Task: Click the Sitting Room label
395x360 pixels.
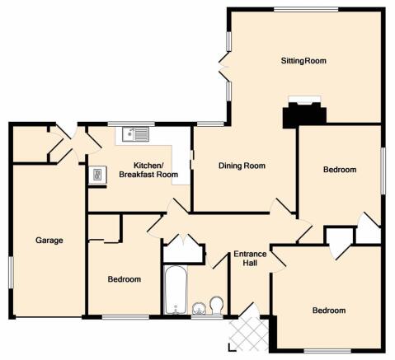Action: tap(303, 60)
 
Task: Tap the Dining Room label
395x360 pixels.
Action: tap(242, 166)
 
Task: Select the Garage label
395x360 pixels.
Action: tap(49, 241)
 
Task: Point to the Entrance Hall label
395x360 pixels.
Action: tap(250, 259)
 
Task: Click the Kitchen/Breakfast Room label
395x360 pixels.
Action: tap(148, 170)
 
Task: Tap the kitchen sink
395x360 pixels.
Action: tap(135, 134)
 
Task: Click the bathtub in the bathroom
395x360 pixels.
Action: tap(176, 290)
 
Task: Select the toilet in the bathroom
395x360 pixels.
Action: tap(217, 305)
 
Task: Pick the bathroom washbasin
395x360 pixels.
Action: tap(199, 308)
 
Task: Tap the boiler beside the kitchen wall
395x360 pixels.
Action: tap(97, 175)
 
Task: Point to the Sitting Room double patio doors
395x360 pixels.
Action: tap(225, 66)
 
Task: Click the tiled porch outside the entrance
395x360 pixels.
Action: tap(248, 334)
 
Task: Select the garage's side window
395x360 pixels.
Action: tap(11, 273)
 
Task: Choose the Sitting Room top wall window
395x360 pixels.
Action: tap(306, 10)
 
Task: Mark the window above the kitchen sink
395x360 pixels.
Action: tap(131, 124)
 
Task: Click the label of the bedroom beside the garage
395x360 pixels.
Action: tap(125, 279)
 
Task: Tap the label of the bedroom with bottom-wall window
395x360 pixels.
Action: tap(329, 311)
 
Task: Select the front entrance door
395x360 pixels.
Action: tap(249, 310)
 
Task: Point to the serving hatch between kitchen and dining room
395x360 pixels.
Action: tap(192, 160)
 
